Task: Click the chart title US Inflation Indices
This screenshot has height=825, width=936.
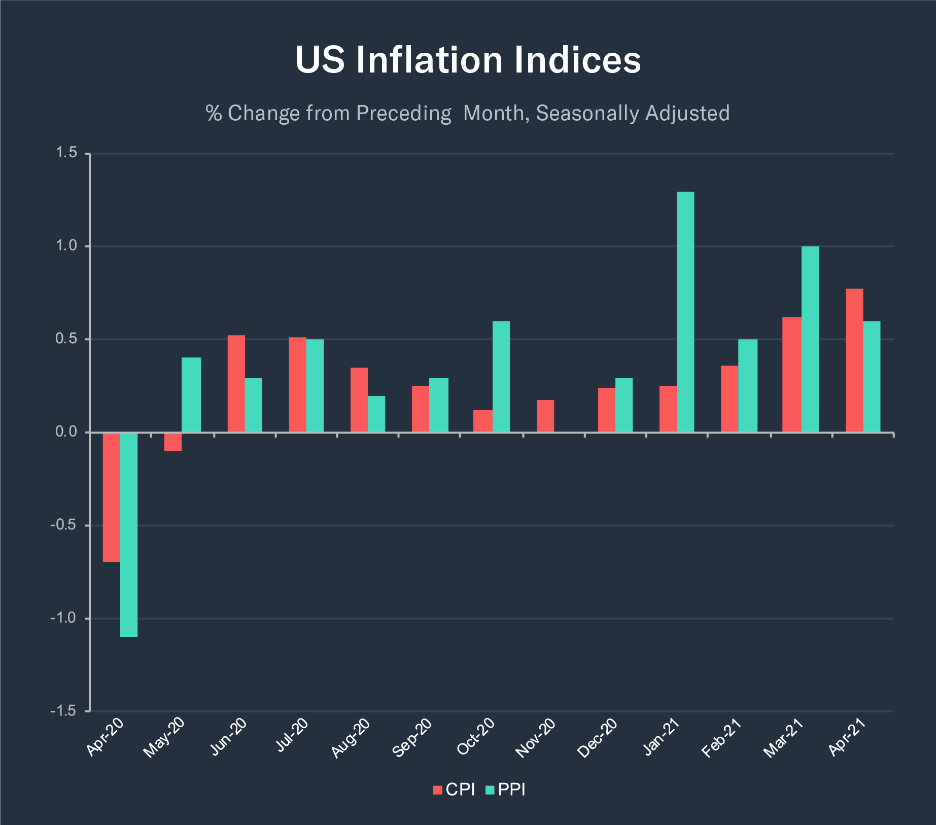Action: tap(468, 60)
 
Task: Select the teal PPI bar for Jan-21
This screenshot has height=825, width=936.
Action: tap(685, 312)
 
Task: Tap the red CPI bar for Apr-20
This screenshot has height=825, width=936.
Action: tap(112, 497)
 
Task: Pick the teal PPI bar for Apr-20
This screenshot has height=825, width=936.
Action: tap(129, 534)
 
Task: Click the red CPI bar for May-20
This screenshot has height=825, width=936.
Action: tap(173, 442)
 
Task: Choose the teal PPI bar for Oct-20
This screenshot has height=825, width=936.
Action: tap(501, 376)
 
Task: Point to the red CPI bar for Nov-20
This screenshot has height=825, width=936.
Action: tap(545, 416)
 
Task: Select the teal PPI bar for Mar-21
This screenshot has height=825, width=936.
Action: tap(810, 339)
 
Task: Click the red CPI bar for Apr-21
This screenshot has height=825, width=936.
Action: tap(854, 361)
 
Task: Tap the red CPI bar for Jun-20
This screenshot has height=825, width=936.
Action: tap(236, 384)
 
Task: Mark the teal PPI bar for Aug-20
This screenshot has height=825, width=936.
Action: tap(376, 414)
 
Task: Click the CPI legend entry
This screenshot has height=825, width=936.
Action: tap(455, 790)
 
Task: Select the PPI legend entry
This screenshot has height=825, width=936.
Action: tap(506, 790)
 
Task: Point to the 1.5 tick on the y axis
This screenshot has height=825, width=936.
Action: tap(66, 153)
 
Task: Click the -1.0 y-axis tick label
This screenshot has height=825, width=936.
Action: tap(63, 618)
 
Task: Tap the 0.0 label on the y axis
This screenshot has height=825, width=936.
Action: tap(66, 432)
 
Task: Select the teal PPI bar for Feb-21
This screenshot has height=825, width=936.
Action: tap(748, 385)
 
